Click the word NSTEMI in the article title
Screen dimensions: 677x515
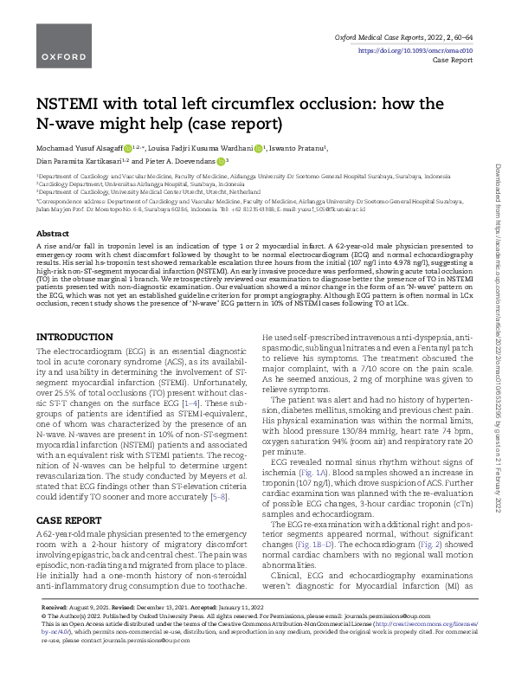click(x=75, y=105)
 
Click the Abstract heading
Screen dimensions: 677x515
click(x=53, y=235)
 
